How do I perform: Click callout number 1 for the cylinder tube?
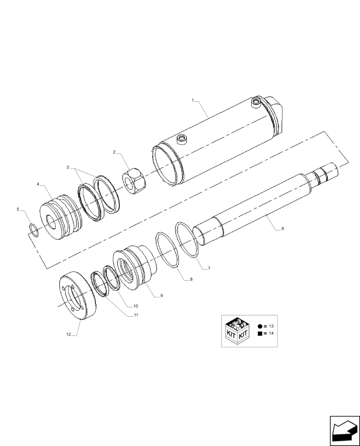click(193, 101)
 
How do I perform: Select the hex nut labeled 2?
click(134, 182)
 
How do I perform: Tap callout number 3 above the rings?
click(68, 167)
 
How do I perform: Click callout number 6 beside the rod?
click(282, 229)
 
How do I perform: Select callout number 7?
click(209, 268)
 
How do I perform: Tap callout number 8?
click(191, 280)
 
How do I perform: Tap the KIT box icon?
click(237, 331)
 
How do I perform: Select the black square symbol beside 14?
click(260, 334)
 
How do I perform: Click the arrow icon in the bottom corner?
click(344, 431)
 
